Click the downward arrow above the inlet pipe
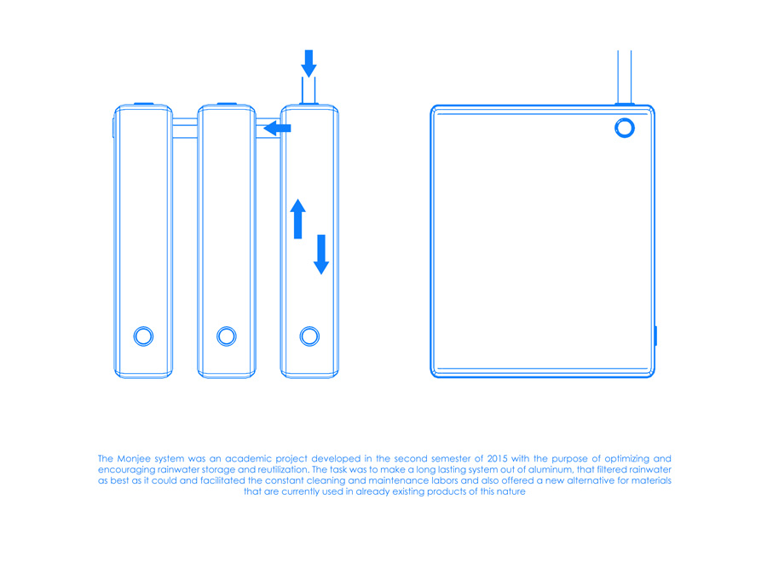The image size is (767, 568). pyautogui.click(x=309, y=63)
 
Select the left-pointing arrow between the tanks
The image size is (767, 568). pyautogui.click(x=277, y=129)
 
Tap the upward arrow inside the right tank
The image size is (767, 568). pyautogui.click(x=298, y=219)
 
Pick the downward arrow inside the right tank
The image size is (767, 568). pyautogui.click(x=321, y=254)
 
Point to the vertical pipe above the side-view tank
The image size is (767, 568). pyautogui.click(x=625, y=77)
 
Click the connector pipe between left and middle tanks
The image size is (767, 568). pyautogui.click(x=185, y=128)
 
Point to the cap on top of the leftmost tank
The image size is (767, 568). pyautogui.click(x=143, y=104)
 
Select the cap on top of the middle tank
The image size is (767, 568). pyautogui.click(x=227, y=104)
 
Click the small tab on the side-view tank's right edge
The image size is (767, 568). pyautogui.click(x=655, y=336)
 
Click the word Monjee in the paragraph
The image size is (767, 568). pyautogui.click(x=134, y=459)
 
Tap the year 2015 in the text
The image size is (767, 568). pyautogui.click(x=497, y=458)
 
